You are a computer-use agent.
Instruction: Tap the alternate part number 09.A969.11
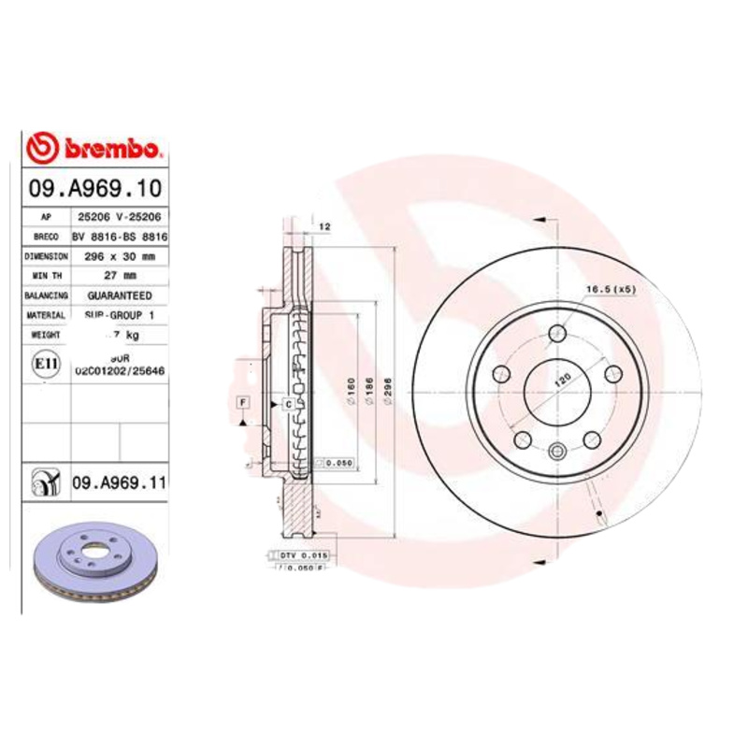(x=119, y=482)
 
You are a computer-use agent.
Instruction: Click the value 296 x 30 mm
(x=121, y=255)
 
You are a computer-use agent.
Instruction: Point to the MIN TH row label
(x=46, y=275)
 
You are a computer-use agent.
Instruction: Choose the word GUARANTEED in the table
(x=120, y=295)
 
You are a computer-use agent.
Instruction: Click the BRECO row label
(x=46, y=237)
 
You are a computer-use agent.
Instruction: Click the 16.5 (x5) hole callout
(x=611, y=289)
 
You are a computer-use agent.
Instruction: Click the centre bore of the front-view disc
(x=559, y=393)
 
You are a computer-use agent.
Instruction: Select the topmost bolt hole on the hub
(x=559, y=333)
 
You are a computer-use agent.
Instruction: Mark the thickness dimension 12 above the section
(x=325, y=226)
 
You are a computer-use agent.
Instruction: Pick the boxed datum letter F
(x=242, y=402)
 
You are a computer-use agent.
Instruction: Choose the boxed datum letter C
(x=288, y=404)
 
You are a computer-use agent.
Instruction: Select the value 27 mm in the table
(x=121, y=275)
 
